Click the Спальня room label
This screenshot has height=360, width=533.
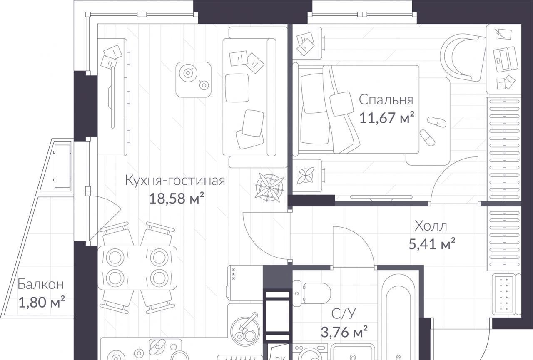[x=386, y=100]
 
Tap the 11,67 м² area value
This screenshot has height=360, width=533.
[x=387, y=117]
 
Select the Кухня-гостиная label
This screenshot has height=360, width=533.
[x=175, y=181]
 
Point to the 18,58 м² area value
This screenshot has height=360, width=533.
[x=177, y=198]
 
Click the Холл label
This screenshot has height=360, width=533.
[x=431, y=226]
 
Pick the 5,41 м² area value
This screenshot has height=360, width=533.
[x=432, y=243]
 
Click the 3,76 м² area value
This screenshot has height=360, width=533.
[x=344, y=332]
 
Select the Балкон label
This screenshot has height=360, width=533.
[x=41, y=284]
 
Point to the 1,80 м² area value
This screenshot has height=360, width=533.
[x=41, y=302]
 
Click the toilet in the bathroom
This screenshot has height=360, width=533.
[x=311, y=293]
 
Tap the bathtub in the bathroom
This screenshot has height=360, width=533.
[x=399, y=316]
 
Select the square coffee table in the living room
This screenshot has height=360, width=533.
[x=194, y=79]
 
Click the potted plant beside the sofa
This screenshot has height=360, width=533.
[x=269, y=188]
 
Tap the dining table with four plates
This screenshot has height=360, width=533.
[x=137, y=268]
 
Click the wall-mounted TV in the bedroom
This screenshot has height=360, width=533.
[x=381, y=197]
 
